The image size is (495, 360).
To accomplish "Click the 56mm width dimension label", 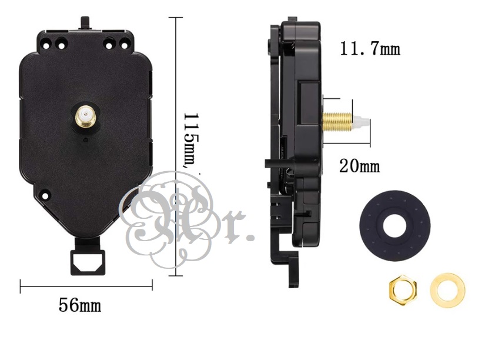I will point(79,306).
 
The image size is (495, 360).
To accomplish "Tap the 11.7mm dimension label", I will point(370,48).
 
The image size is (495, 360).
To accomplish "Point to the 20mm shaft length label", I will point(359,166).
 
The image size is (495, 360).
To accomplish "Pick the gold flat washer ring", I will point(447,289).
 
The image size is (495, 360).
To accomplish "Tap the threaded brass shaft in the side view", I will point(338,122).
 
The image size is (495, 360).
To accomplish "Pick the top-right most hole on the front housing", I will point(124,43).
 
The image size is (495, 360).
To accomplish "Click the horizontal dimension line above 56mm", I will point(86,286).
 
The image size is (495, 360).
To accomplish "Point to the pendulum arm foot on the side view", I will point(293,276).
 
